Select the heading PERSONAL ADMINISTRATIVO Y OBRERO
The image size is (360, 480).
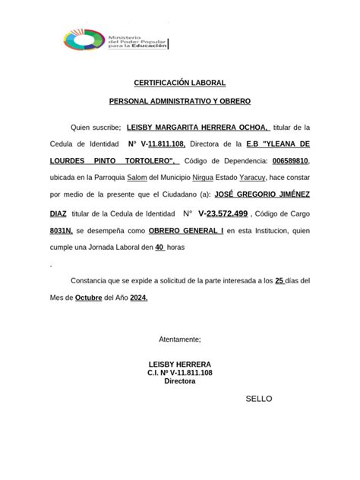click(179, 101)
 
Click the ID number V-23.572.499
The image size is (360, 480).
click(223, 214)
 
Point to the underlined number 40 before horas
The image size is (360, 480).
click(159, 248)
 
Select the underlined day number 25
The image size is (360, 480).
click(279, 281)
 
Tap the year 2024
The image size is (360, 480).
click(138, 298)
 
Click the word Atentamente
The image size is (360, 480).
click(180, 339)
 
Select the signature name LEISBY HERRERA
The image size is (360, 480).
click(180, 364)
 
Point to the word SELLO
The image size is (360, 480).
click(258, 399)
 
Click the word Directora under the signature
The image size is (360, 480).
click(180, 381)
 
